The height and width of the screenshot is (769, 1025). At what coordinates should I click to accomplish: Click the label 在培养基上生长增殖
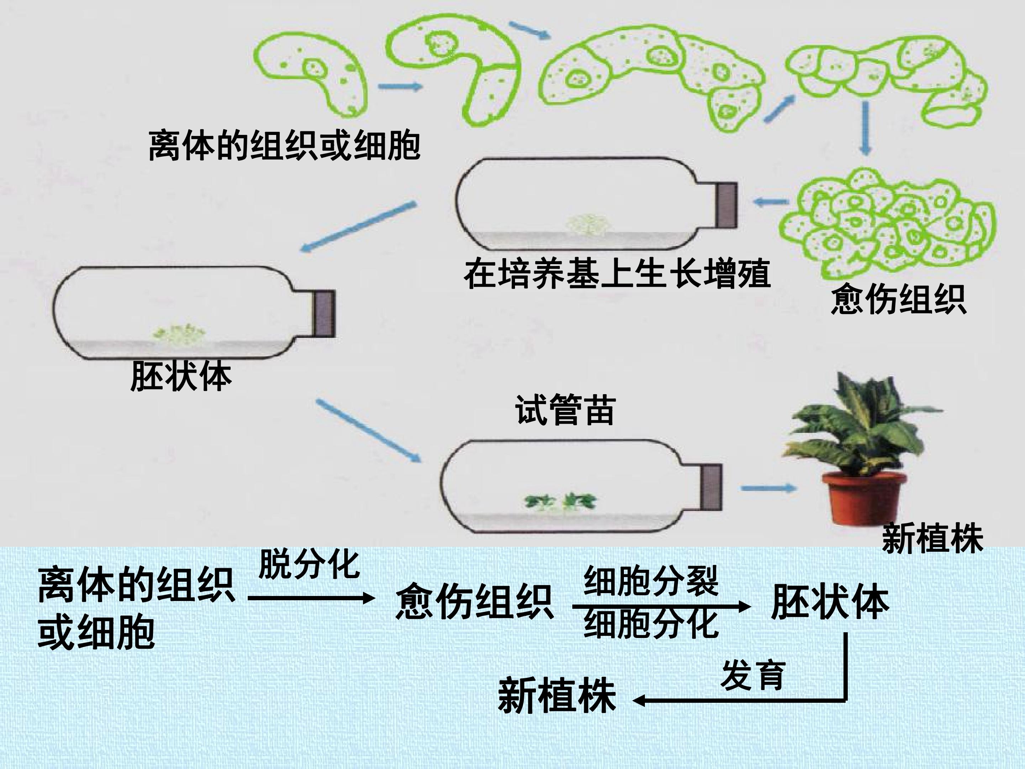(x=617, y=274)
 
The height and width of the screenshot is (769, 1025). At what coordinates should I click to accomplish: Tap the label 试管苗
(x=565, y=410)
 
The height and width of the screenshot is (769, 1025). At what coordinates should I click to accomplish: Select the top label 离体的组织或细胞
(x=284, y=146)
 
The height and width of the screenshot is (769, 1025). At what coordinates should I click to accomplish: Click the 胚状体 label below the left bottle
(x=181, y=376)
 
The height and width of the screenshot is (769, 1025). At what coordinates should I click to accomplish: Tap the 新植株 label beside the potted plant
(x=932, y=538)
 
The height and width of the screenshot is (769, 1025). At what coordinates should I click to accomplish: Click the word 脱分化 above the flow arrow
(x=309, y=564)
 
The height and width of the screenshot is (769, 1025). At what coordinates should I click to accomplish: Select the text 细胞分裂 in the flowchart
(x=651, y=580)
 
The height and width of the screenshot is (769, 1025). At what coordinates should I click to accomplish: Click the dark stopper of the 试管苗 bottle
(x=710, y=487)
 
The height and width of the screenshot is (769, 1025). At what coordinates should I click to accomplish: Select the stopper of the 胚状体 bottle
(x=324, y=313)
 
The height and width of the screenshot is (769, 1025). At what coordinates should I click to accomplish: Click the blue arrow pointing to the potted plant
(x=768, y=488)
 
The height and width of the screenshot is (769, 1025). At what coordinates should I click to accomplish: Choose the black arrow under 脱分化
(x=311, y=598)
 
